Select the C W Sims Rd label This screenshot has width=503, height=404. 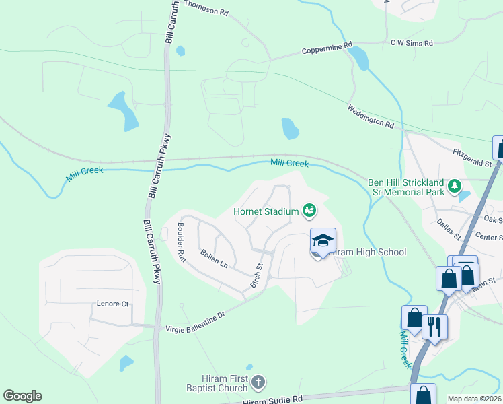[x=412, y=42]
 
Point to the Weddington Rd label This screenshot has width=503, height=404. [x=371, y=116]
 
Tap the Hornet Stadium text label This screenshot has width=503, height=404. [x=266, y=211]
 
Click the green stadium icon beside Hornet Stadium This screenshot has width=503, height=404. [x=309, y=211]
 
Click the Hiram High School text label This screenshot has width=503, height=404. [x=369, y=252]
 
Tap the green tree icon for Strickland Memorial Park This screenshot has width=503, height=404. [x=455, y=185]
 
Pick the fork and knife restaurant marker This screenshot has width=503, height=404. [x=434, y=327]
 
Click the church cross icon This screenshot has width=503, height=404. [x=258, y=384]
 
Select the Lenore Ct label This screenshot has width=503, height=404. [x=112, y=304]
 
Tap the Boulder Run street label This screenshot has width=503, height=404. [x=181, y=242]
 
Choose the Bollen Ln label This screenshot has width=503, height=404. [x=214, y=259]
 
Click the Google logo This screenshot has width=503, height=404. [x=22, y=396]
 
